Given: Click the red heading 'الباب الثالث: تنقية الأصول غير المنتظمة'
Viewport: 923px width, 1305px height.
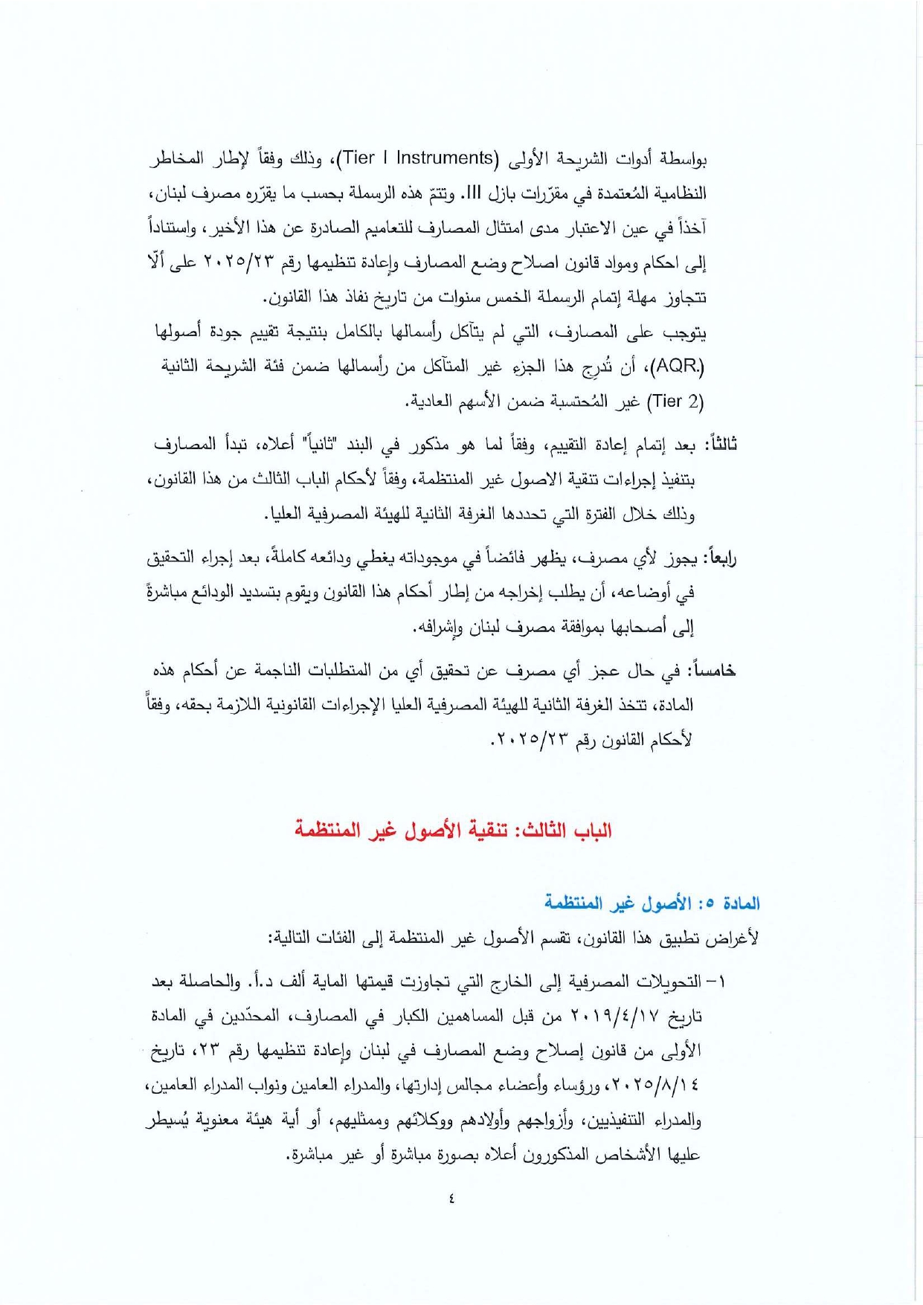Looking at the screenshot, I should tap(453, 830).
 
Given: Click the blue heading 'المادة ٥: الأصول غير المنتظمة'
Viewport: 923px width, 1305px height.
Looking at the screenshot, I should tap(652, 903).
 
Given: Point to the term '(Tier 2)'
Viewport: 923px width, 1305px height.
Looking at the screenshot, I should tap(675, 402).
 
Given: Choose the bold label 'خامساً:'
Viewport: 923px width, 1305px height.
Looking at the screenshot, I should tap(713, 671).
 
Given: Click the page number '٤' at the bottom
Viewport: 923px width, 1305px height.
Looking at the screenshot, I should tap(452, 1198).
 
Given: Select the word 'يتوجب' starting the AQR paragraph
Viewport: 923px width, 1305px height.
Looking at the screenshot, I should tap(684, 332).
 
